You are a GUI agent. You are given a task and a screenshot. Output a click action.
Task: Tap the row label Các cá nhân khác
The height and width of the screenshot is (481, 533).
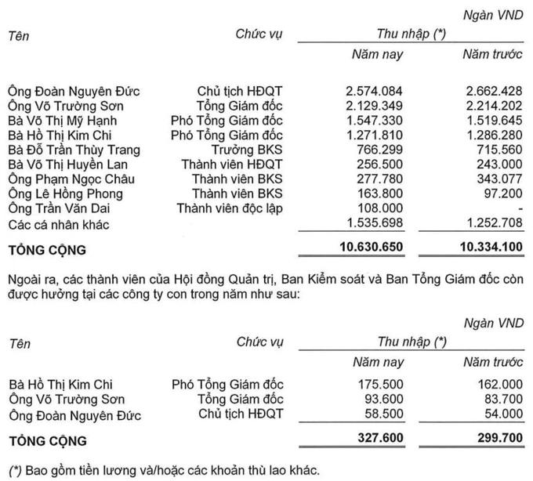click(57, 225)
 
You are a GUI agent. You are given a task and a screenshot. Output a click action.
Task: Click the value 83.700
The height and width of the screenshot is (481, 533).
click(502, 400)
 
